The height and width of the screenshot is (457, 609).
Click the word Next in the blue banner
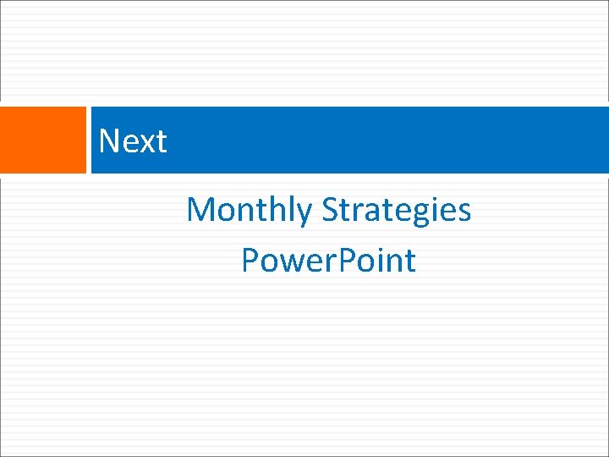133,140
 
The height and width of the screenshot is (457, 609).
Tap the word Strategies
397,209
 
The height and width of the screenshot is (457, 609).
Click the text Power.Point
328,260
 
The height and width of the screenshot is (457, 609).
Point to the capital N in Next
108,140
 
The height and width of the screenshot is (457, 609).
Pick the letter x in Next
145,142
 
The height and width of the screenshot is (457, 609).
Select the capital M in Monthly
200,209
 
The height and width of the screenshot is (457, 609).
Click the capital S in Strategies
330,209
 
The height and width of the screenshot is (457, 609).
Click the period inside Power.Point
331,272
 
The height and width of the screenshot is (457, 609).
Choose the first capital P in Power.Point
250,260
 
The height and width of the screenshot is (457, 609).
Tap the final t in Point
410,261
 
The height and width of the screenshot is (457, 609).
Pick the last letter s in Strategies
464,212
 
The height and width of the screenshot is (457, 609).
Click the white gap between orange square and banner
89,140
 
